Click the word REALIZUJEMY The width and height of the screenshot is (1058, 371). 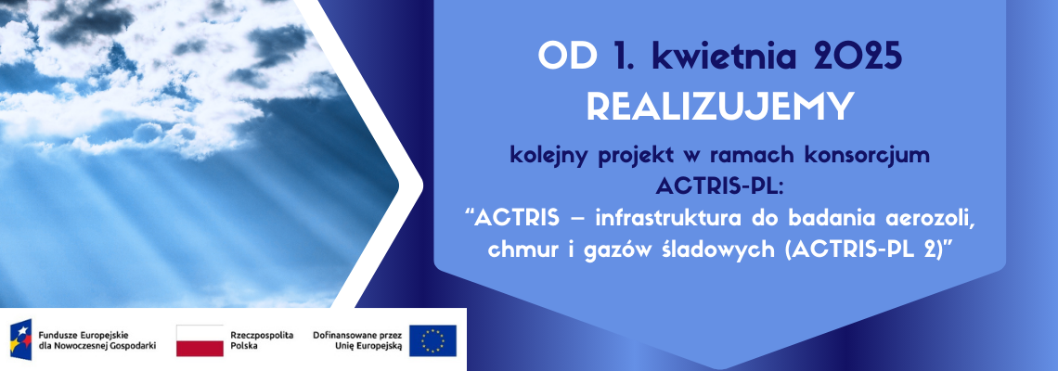pos(720,107)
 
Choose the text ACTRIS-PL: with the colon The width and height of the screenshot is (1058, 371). pos(720,186)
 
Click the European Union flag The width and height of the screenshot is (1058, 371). pos(432,340)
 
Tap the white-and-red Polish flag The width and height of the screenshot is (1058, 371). pos(200,340)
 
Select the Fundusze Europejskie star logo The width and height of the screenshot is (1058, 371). pos(20,340)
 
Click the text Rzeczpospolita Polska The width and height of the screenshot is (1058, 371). pos(262,340)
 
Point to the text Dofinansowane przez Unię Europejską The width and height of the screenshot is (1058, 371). pos(357,340)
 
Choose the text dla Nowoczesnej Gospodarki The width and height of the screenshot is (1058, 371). pos(97,346)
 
